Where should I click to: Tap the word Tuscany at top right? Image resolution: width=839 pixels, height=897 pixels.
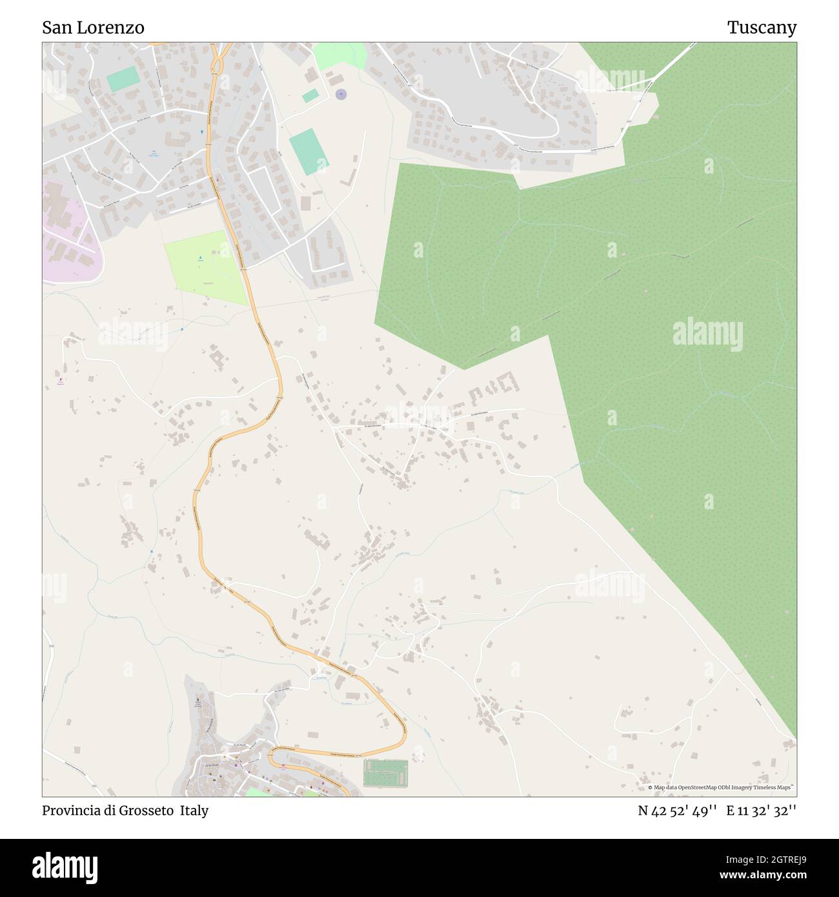pyautogui.click(x=762, y=28)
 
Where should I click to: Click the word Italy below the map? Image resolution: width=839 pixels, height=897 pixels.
pyautogui.click(x=194, y=811)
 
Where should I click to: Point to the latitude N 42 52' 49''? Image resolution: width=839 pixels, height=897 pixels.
pyautogui.click(x=677, y=811)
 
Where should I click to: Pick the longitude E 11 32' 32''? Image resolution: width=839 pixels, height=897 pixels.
pyautogui.click(x=761, y=811)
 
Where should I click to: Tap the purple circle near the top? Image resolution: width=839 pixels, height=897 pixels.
pyautogui.click(x=341, y=95)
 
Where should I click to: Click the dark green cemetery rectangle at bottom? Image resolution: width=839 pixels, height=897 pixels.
pyautogui.click(x=385, y=773)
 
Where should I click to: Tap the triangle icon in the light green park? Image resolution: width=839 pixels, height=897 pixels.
pyautogui.click(x=200, y=259)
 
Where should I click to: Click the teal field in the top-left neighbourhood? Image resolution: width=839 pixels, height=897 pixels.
pyautogui.click(x=123, y=79)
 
